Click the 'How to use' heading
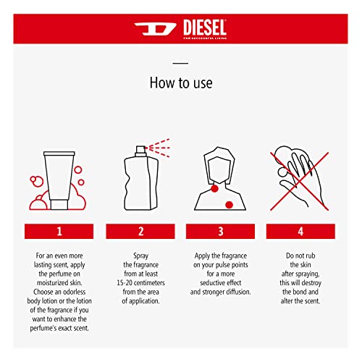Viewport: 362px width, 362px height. click(x=181, y=83)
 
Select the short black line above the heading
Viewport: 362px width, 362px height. click(x=181, y=63)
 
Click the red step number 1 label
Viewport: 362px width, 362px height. click(x=61, y=231)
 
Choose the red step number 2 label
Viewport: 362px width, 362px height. click(x=140, y=231)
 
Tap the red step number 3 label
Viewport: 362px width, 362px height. click(x=221, y=231)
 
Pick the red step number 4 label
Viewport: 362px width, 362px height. click(x=300, y=231)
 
